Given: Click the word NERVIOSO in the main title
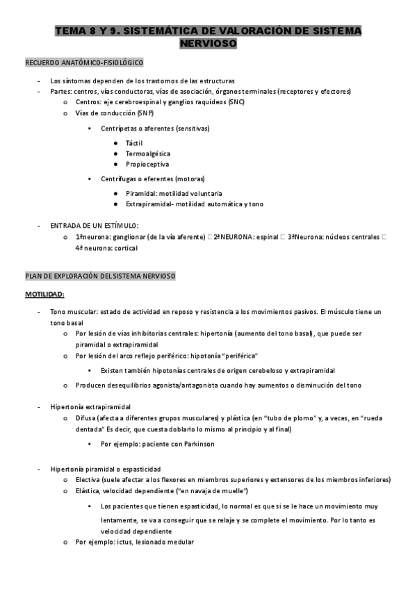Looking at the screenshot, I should tap(208, 43).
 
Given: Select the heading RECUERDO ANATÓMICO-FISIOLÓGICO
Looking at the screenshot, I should tap(84, 63).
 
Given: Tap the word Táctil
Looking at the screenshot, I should tap(134, 142).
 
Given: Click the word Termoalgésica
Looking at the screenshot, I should tap(148, 154).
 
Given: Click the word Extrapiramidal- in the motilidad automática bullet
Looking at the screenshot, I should tap(151, 204).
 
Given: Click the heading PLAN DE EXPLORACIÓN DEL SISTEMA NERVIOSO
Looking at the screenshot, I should tap(100, 276).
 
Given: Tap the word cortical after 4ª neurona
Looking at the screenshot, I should tap(125, 248).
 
